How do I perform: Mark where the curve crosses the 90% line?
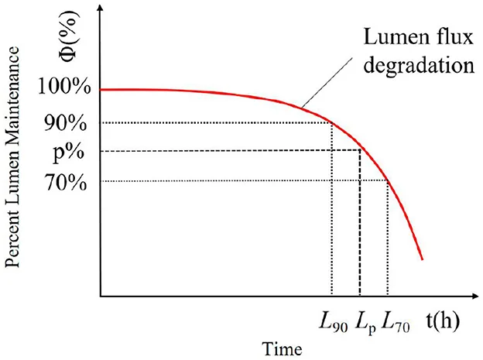(331, 122)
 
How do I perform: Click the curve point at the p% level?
(361, 150)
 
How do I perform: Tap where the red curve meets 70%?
(387, 181)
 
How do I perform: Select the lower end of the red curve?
(422, 258)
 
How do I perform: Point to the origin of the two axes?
(100, 297)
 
